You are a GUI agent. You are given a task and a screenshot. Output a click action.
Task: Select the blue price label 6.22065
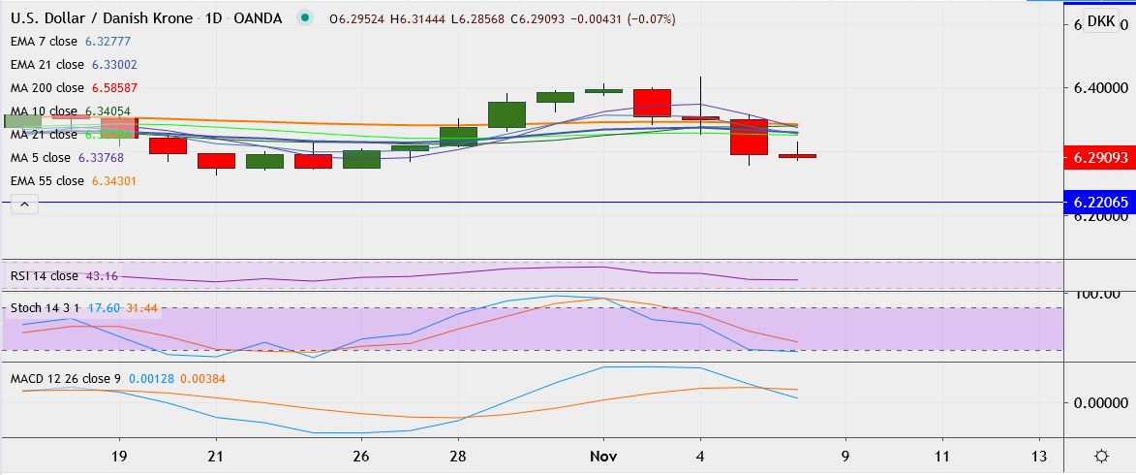[1100, 203]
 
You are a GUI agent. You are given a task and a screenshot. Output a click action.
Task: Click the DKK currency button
[1100, 22]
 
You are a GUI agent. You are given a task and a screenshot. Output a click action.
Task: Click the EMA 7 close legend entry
[70, 42]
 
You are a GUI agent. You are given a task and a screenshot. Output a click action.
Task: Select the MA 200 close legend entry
[70, 88]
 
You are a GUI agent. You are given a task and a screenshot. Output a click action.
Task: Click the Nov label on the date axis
[603, 456]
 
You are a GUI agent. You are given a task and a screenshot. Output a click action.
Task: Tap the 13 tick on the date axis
[1039, 456]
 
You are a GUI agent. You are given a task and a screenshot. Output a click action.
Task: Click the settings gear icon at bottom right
[1101, 456]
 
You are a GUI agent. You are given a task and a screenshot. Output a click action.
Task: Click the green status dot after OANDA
[306, 18]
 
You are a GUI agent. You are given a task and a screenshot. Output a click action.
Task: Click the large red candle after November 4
[749, 137]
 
